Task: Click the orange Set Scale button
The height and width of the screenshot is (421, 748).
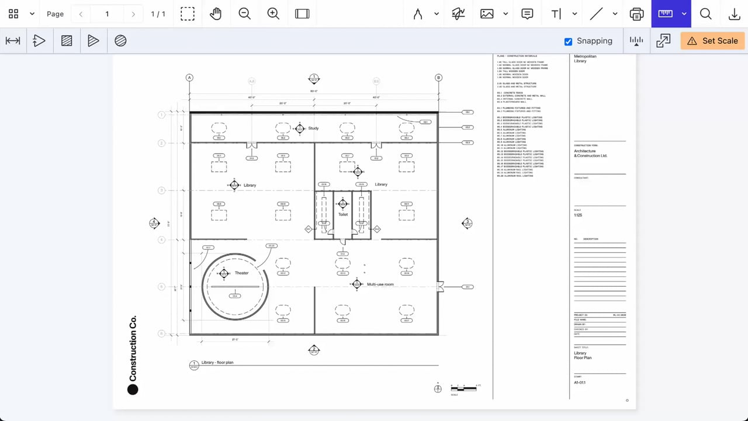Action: [x=713, y=41]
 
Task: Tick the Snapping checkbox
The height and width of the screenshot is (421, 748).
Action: [x=568, y=41]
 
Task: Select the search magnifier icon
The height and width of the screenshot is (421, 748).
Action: [x=705, y=14]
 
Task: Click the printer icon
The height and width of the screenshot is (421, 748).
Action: [x=636, y=14]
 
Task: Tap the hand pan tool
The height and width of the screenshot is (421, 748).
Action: [x=216, y=14]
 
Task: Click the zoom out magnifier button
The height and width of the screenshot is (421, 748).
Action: [x=244, y=14]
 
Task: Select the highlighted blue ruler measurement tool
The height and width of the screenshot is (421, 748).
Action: [x=665, y=14]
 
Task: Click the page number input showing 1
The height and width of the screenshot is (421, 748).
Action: [x=107, y=14]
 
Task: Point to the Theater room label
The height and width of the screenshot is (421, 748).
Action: [x=241, y=273]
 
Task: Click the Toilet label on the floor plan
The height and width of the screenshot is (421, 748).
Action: [x=343, y=214]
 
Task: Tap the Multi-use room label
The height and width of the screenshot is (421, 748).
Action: [x=380, y=284]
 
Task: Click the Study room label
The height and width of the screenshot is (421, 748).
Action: [x=313, y=128]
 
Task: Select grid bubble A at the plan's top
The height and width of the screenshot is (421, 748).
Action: [x=189, y=78]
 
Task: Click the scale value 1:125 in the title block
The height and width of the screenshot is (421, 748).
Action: [x=578, y=215]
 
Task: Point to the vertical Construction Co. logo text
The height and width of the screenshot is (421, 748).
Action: [x=133, y=349]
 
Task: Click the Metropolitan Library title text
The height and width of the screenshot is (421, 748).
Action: [x=581, y=58]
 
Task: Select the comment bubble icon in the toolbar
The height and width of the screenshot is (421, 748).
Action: [x=527, y=14]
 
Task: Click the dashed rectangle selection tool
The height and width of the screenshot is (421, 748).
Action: [x=187, y=14]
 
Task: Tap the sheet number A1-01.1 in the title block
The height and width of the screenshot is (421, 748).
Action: [x=580, y=382]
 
